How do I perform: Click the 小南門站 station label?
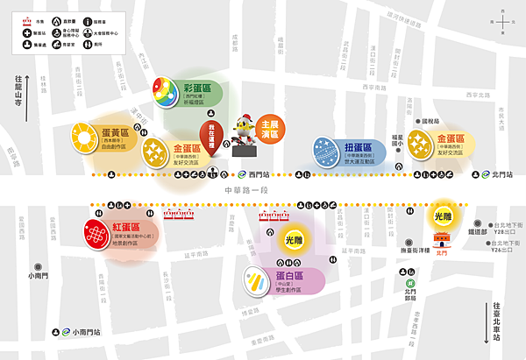coord(87,332)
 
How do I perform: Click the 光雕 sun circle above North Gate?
coord(442,215)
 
